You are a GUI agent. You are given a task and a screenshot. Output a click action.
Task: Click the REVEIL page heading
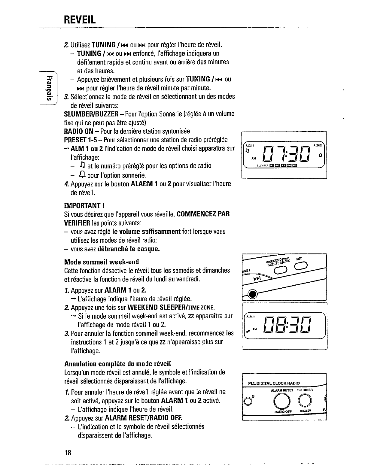(80, 20)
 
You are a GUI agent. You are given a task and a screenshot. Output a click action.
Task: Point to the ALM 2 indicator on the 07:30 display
(317, 145)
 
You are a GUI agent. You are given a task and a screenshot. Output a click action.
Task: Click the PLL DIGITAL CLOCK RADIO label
(274, 383)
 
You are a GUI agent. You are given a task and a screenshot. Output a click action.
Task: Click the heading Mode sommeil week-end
(102, 262)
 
